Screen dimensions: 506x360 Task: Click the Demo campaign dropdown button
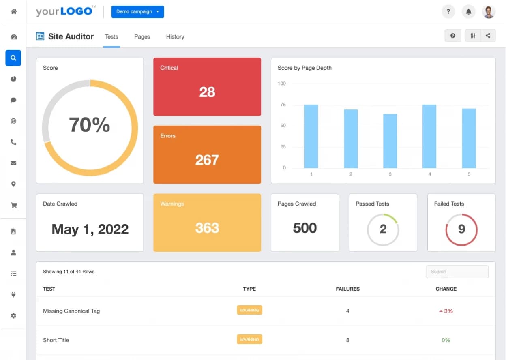click(137, 12)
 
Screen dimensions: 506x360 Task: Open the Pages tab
click(142, 36)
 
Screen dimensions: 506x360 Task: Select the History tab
click(175, 36)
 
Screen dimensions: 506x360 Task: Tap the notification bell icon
click(469, 11)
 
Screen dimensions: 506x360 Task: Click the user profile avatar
click(489, 12)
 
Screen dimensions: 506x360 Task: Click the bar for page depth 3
click(390, 141)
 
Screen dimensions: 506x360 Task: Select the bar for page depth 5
click(469, 138)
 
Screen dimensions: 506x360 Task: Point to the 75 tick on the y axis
click(283, 105)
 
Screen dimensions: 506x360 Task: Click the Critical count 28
click(207, 92)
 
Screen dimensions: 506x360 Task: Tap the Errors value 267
click(207, 160)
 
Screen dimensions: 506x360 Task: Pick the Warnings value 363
click(207, 228)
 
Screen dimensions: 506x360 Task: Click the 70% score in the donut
click(90, 124)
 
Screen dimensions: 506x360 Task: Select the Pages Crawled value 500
click(305, 228)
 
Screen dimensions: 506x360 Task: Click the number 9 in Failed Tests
click(461, 229)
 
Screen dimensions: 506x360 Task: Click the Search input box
click(457, 272)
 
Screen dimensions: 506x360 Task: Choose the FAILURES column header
click(347, 289)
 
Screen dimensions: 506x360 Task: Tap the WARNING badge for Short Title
click(249, 339)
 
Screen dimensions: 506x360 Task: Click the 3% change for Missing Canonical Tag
click(446, 311)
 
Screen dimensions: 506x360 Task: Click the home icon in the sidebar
click(13, 11)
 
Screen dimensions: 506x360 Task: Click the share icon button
click(488, 36)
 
